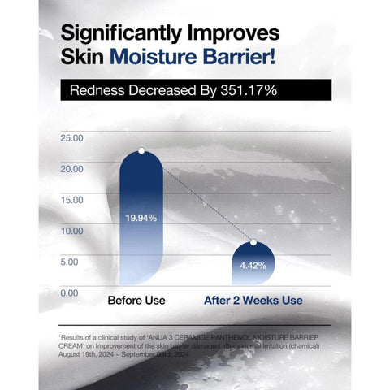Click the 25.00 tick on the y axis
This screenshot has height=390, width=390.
tap(71, 138)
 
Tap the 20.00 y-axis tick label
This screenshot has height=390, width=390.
tap(71, 169)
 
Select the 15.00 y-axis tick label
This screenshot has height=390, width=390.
tap(71, 200)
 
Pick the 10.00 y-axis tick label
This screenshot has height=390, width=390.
tap(71, 231)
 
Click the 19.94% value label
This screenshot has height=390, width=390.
tap(141, 218)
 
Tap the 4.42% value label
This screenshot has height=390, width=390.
tap(253, 265)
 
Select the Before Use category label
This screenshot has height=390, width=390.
tap(136, 301)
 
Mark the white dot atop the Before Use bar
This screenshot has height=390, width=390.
tap(141, 150)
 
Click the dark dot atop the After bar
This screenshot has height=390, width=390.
tap(253, 242)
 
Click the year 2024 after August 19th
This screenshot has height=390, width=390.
tap(123, 353)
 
